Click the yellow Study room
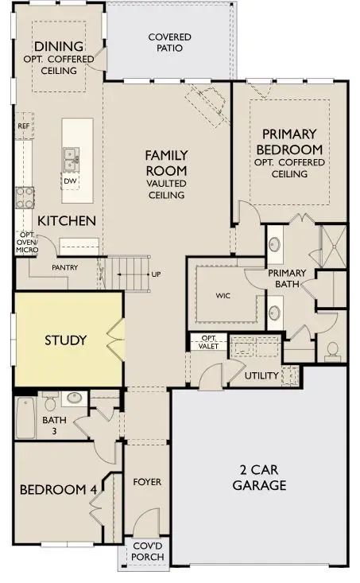(x=65, y=340)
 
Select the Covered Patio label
(x=165, y=42)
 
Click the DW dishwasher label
(x=72, y=178)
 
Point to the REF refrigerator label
(x=24, y=126)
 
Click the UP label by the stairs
(x=156, y=274)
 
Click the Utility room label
(x=261, y=375)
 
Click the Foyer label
(x=147, y=481)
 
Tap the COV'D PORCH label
(x=148, y=551)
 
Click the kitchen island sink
(x=72, y=157)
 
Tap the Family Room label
(x=165, y=171)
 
